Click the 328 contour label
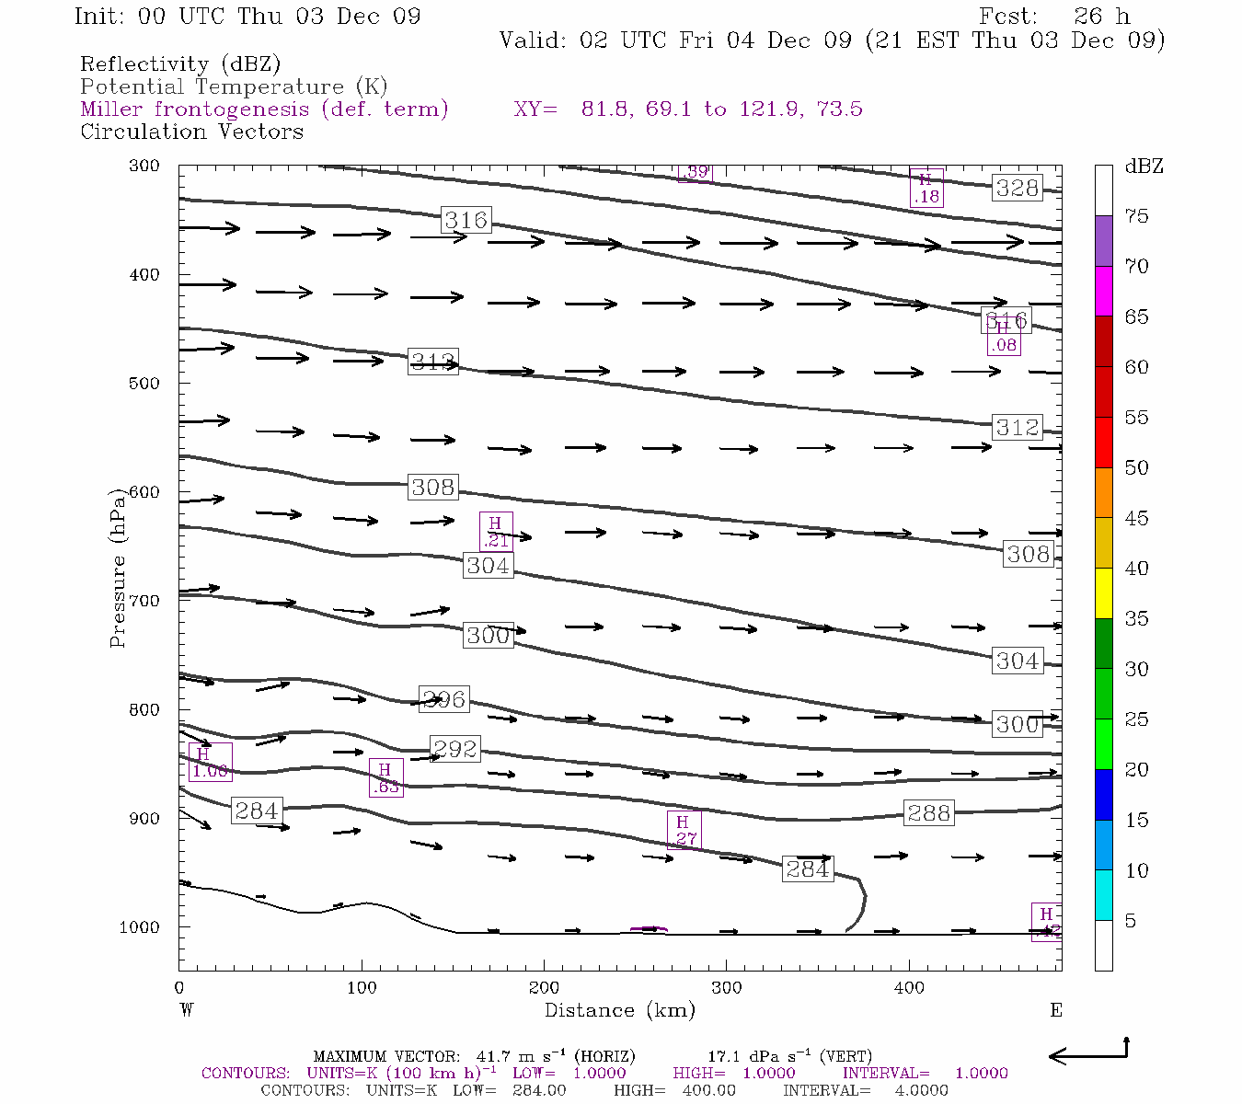(1018, 188)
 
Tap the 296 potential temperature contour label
(443, 699)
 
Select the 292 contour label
(454, 749)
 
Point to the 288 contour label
(928, 812)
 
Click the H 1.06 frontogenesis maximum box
(210, 762)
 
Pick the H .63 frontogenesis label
(385, 777)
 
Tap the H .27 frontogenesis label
(684, 830)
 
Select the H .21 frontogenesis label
(496, 532)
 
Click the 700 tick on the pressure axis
(143, 601)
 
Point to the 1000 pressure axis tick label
(139, 927)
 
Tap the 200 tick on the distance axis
(544, 988)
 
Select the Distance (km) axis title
(619, 1010)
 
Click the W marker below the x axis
(187, 1010)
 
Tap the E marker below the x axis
(1056, 1010)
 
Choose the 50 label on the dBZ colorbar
(1137, 468)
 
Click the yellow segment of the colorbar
(1103, 593)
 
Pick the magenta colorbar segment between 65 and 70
(1103, 291)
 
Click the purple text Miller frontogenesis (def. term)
(264, 109)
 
